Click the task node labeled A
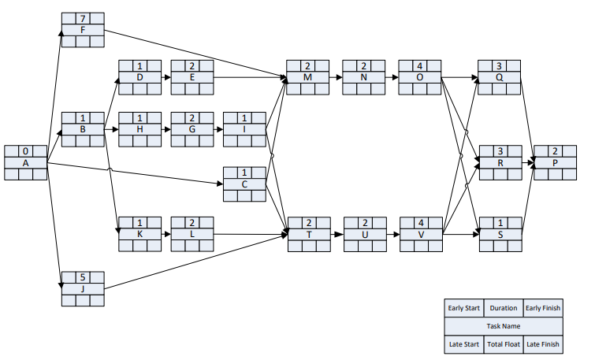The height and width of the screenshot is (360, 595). (x=25, y=162)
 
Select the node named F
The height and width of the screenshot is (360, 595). (x=83, y=30)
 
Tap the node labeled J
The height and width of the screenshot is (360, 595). (x=83, y=289)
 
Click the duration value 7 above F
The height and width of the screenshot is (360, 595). (x=83, y=18)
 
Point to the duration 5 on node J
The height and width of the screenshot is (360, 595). (x=83, y=277)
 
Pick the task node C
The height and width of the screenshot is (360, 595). (x=244, y=184)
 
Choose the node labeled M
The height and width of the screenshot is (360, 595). (x=308, y=77)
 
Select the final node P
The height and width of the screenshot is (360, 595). (x=556, y=162)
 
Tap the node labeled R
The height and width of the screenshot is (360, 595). (x=500, y=162)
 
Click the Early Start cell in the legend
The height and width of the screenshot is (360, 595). (x=464, y=308)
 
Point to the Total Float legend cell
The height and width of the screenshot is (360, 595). (x=504, y=344)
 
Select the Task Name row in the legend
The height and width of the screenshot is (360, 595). (x=504, y=326)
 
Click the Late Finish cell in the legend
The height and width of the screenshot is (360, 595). (x=543, y=344)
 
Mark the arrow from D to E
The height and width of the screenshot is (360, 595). (x=165, y=77)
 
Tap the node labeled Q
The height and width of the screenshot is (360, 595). (x=499, y=77)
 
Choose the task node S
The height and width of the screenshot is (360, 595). (x=500, y=235)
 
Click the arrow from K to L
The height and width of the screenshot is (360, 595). (x=165, y=235)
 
